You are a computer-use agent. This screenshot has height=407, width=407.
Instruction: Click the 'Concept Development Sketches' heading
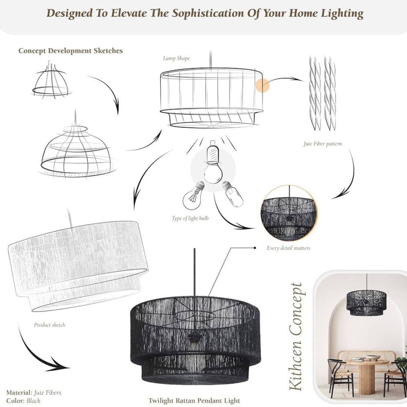point(70,51)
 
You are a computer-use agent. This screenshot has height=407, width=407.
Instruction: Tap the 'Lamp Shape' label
point(176,58)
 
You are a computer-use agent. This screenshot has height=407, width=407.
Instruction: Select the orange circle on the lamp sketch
point(262,86)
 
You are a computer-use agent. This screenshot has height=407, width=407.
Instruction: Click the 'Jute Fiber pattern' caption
point(323,144)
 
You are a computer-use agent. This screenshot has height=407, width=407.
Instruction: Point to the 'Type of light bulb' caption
point(190,218)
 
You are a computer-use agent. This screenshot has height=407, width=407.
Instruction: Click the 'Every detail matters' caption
point(288,248)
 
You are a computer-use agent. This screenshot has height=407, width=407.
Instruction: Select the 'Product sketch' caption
point(49,324)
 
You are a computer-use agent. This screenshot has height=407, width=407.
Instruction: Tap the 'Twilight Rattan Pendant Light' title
point(194,400)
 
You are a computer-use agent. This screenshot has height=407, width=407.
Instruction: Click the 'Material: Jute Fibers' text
point(34,393)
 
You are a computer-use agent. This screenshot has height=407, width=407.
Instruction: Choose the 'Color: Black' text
point(23,401)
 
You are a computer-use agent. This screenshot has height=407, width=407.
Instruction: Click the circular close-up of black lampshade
point(289,213)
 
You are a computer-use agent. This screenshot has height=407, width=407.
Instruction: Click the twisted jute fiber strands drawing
point(322,94)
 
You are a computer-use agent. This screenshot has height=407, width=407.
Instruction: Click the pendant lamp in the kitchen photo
point(365,301)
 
